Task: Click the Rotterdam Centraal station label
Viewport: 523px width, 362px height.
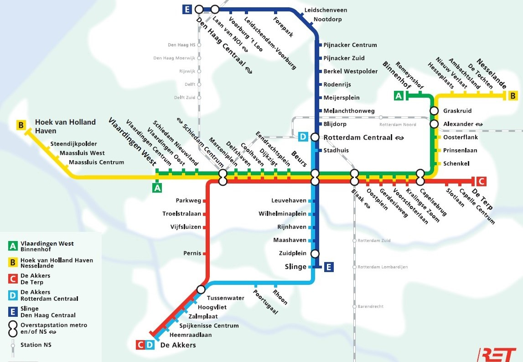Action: [x=359, y=137]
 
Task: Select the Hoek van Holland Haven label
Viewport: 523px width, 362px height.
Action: [x=65, y=126]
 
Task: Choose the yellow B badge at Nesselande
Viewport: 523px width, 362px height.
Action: [x=513, y=96]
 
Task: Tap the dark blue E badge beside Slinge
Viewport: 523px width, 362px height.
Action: [x=329, y=267]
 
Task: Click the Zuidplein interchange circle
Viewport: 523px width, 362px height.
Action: [x=315, y=254]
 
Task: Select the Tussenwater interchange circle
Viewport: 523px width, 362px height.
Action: [x=201, y=289]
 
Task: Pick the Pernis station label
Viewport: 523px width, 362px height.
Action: [x=192, y=253]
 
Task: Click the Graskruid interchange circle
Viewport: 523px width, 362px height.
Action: [x=434, y=111]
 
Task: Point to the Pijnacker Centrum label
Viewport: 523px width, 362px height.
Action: [x=350, y=45]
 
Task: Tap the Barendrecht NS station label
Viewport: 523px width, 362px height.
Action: [x=371, y=306]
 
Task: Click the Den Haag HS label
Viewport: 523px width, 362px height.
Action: [x=181, y=45]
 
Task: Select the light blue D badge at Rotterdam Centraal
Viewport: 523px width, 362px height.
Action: [x=303, y=137]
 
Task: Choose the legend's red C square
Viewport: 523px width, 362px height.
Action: [x=13, y=279]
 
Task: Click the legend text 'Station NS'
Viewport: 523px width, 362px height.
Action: [x=36, y=345]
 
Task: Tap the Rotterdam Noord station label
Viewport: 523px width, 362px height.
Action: [x=398, y=125]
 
